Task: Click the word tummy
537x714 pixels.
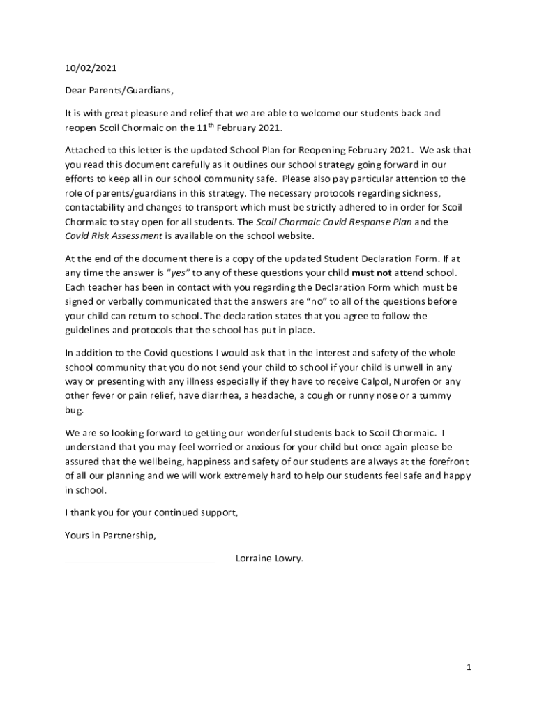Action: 437,396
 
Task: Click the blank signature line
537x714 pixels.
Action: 140,561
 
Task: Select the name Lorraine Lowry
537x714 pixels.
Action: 270,559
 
